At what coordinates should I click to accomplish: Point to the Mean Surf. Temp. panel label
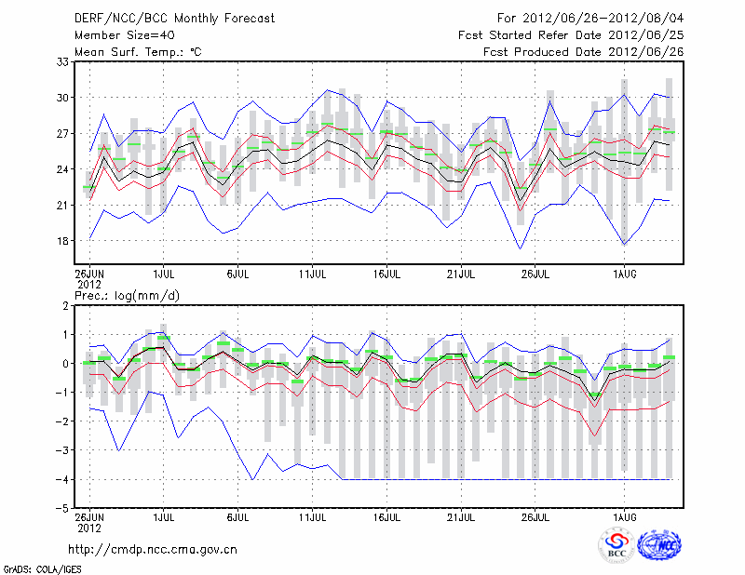tap(138, 52)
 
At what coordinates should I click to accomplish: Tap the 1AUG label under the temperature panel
tap(625, 274)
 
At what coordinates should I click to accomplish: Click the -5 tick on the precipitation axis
tap(64, 509)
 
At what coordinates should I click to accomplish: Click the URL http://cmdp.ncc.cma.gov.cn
tap(153, 549)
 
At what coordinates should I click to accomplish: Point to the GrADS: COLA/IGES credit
tap(31, 568)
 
